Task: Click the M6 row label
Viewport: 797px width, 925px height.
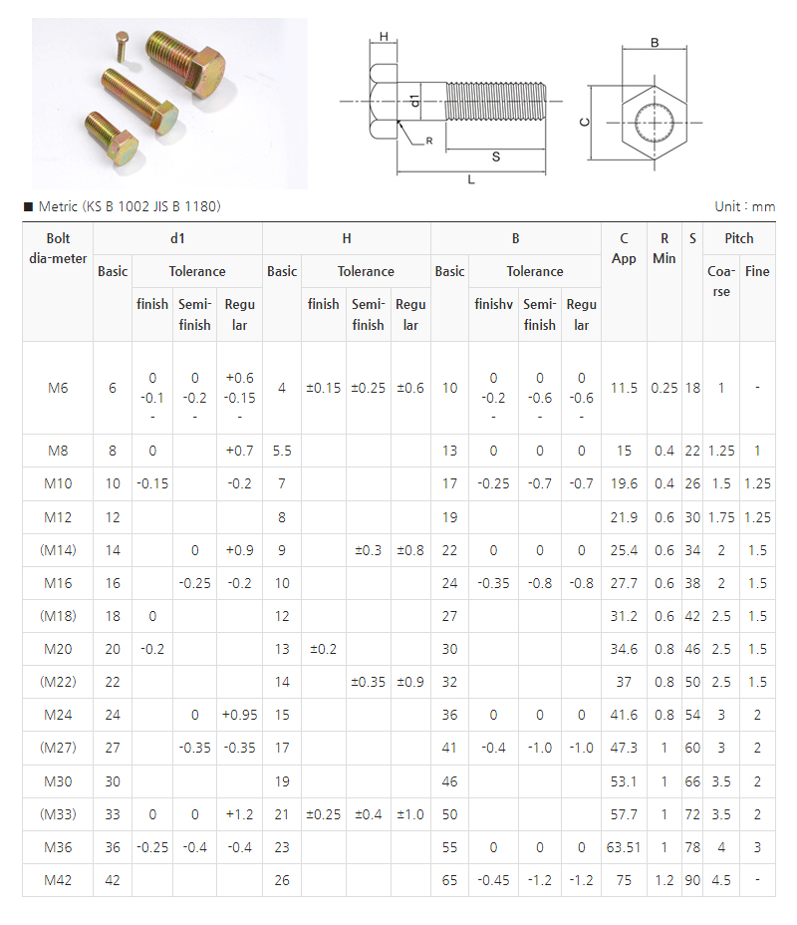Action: pos(57,388)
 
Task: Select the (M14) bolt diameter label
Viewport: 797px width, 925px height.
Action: pos(57,550)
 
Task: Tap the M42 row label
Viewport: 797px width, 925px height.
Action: pos(57,880)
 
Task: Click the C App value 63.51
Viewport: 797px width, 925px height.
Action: pos(623,847)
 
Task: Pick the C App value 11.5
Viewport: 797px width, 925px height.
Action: pos(624,388)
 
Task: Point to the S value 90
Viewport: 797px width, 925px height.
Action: pos(692,880)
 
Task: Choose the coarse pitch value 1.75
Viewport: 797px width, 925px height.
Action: pos(721,517)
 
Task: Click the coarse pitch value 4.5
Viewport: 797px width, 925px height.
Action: pos(721,880)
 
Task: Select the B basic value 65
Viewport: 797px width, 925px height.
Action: pos(449,880)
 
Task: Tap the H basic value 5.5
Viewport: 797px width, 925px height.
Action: pos(282,451)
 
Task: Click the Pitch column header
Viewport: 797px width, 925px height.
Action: pos(739,238)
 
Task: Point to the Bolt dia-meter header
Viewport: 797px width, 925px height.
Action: pos(57,248)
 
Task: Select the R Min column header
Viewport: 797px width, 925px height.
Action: pos(664,248)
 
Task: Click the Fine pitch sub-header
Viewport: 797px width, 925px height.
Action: pos(757,271)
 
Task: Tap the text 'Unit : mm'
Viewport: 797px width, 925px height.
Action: pos(744,206)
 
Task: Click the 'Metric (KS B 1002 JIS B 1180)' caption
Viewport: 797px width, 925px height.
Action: pos(129,206)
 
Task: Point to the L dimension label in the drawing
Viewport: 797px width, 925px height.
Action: pos(471,179)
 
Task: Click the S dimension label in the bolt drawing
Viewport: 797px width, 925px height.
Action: pos(495,156)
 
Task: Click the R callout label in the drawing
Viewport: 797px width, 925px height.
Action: pos(428,141)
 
